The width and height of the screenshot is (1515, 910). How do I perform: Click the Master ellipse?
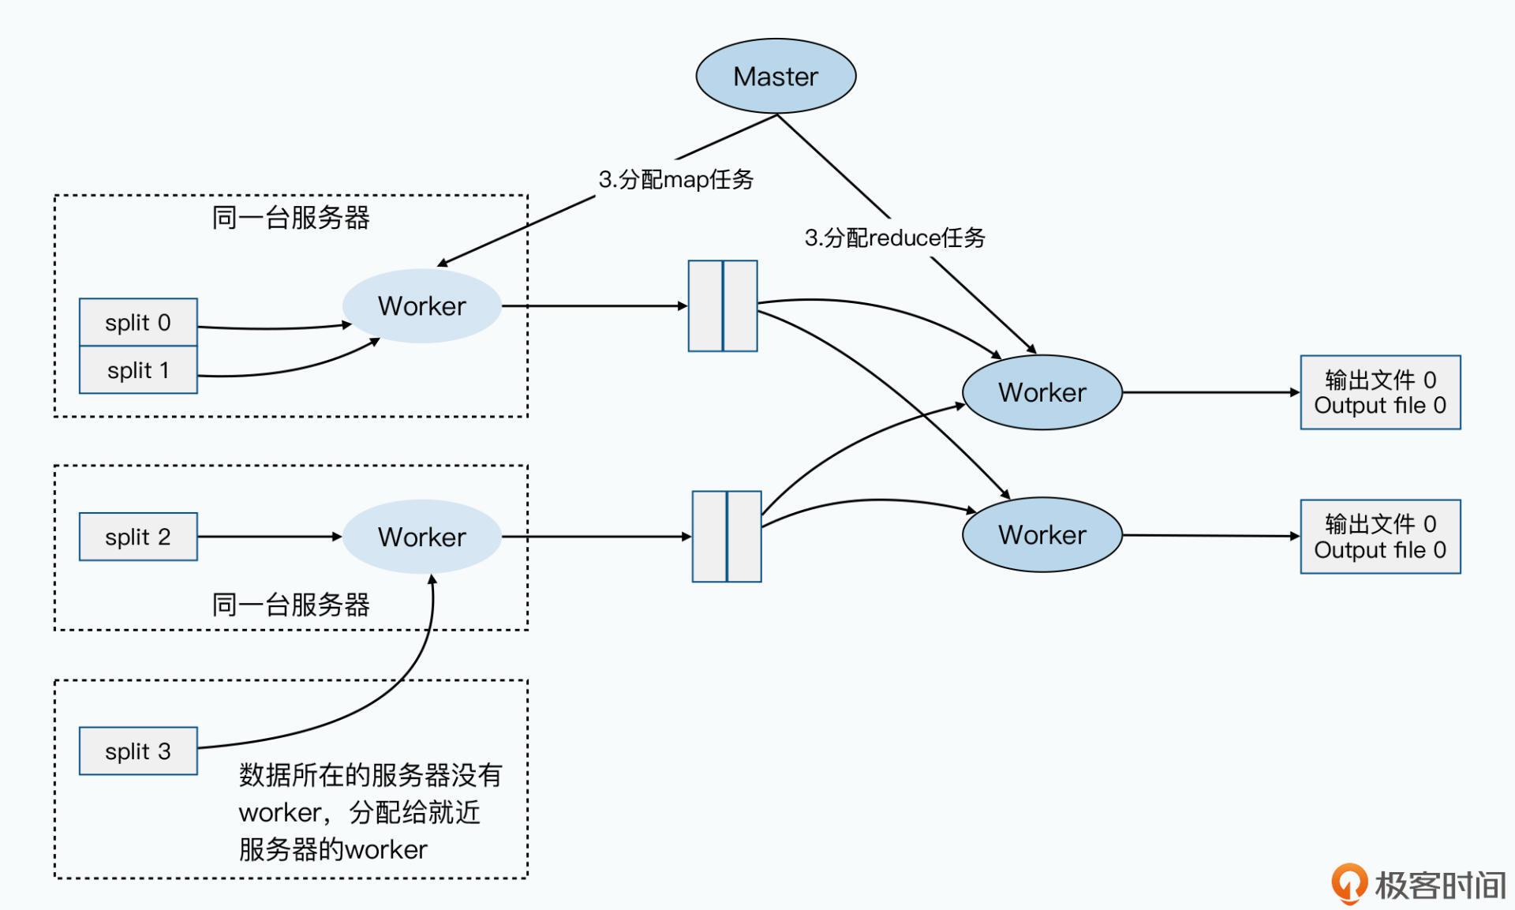pyautogui.click(x=776, y=77)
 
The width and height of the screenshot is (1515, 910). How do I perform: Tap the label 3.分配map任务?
pyautogui.click(x=675, y=179)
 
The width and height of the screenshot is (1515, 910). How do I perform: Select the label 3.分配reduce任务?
pyautogui.click(x=895, y=238)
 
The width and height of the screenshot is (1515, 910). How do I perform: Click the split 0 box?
pyautogui.click(x=138, y=322)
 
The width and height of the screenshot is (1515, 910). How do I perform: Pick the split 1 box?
pyautogui.click(x=138, y=370)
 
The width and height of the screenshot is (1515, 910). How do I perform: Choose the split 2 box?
pyautogui.click(x=138, y=537)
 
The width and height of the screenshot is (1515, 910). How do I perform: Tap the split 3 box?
pyautogui.click(x=138, y=751)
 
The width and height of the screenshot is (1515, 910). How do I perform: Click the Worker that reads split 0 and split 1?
pyautogui.click(x=421, y=306)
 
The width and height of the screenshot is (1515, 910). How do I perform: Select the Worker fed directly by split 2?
pyautogui.click(x=421, y=537)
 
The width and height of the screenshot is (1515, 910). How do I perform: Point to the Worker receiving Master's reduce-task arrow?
pyautogui.click(x=1042, y=392)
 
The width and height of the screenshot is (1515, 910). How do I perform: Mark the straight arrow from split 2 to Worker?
pyautogui.click(x=268, y=537)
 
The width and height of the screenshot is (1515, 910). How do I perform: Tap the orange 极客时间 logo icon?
pyautogui.click(x=1349, y=883)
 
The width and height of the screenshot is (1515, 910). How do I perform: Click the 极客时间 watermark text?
pyautogui.click(x=1441, y=886)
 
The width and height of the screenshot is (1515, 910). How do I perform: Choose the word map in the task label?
pyautogui.click(x=686, y=180)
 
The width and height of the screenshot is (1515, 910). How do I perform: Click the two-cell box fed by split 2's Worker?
pyautogui.click(x=727, y=537)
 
